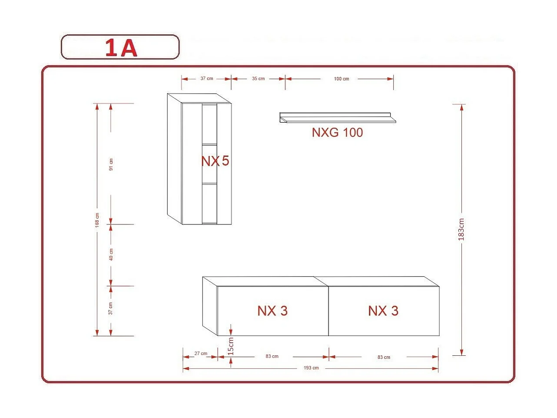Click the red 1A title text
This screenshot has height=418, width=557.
[x=121, y=48]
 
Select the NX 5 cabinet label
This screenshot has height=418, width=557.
[x=215, y=161]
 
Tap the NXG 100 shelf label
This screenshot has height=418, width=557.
[x=337, y=132]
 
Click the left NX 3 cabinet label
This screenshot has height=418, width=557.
[x=272, y=311]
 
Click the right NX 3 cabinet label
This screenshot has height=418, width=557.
[x=383, y=311]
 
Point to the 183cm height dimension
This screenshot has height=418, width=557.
[x=461, y=229]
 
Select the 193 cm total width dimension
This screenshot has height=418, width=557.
[x=311, y=368]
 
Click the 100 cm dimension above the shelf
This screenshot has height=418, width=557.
[x=341, y=79]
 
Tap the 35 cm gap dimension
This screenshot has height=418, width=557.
[x=258, y=79]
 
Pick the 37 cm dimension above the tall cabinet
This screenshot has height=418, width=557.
[x=207, y=79]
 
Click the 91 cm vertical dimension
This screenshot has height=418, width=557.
[x=111, y=164]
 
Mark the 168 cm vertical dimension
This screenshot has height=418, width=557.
[x=97, y=220]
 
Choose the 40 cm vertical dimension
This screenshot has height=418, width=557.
[x=111, y=254]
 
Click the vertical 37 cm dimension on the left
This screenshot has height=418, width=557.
[x=111, y=308]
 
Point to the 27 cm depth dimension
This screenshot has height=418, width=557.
[x=201, y=354]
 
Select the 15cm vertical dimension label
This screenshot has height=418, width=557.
[x=231, y=346]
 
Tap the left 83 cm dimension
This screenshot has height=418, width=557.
[x=272, y=356]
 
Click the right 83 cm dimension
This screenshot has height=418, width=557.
[x=384, y=357]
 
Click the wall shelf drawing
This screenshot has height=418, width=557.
[x=338, y=118]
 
